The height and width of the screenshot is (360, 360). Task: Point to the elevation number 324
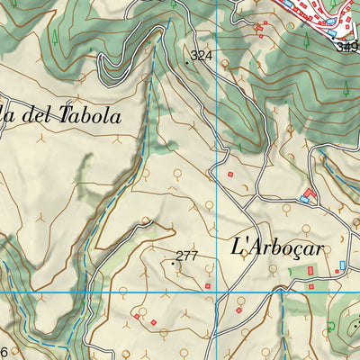[x=202, y=57]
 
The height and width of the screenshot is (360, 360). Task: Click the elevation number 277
[x=186, y=256]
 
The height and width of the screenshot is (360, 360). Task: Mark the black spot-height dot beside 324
[x=187, y=61]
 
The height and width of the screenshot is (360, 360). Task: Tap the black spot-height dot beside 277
[x=172, y=263]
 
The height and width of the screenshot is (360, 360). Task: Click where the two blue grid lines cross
[x=218, y=292]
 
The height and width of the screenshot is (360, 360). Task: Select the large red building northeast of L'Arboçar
[x=310, y=193]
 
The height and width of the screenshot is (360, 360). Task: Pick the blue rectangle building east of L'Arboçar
[x=342, y=265]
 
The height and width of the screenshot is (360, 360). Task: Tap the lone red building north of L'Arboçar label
[x=230, y=174]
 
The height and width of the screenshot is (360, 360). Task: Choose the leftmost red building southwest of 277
[x=137, y=316]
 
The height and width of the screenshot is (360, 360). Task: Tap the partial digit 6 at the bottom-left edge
[x=4, y=352]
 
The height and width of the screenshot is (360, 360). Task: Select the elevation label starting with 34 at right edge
[x=346, y=45]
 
